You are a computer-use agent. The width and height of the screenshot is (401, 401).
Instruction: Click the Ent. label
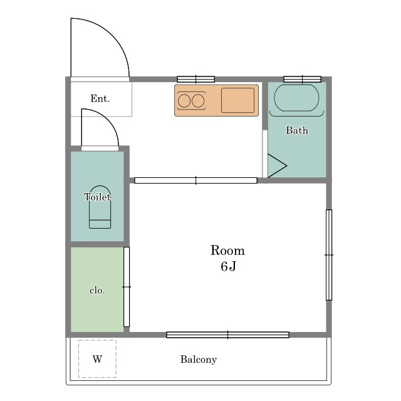point(100,98)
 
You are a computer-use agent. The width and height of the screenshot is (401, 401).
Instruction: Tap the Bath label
point(296,130)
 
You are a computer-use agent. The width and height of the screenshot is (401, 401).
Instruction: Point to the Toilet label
point(97,197)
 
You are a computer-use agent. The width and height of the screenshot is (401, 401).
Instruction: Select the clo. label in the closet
point(97,291)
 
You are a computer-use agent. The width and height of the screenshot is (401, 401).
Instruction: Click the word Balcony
point(199,360)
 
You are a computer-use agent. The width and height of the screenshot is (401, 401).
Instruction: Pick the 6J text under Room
point(228,266)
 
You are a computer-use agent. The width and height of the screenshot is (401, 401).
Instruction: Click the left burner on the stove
point(184,101)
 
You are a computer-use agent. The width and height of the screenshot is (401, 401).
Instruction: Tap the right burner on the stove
point(198,101)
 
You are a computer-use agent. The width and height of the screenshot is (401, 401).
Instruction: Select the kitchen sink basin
point(238,100)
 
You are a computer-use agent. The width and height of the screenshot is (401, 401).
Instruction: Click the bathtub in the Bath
point(296,98)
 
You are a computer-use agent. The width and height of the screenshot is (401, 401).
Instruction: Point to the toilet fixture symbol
point(100,207)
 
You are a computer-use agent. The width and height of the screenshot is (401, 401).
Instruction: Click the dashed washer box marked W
point(98,359)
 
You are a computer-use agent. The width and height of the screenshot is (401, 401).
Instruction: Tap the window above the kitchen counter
point(196,80)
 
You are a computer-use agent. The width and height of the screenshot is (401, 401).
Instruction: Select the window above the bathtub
point(302,80)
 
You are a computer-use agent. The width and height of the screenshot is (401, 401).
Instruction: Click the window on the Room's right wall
point(329,255)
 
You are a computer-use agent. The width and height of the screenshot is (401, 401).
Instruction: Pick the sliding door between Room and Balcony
point(228,335)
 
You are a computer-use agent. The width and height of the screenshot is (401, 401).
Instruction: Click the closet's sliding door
point(127,287)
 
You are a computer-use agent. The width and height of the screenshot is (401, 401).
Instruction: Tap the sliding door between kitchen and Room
point(196,180)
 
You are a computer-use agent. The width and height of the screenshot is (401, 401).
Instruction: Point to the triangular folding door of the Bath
point(277,165)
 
